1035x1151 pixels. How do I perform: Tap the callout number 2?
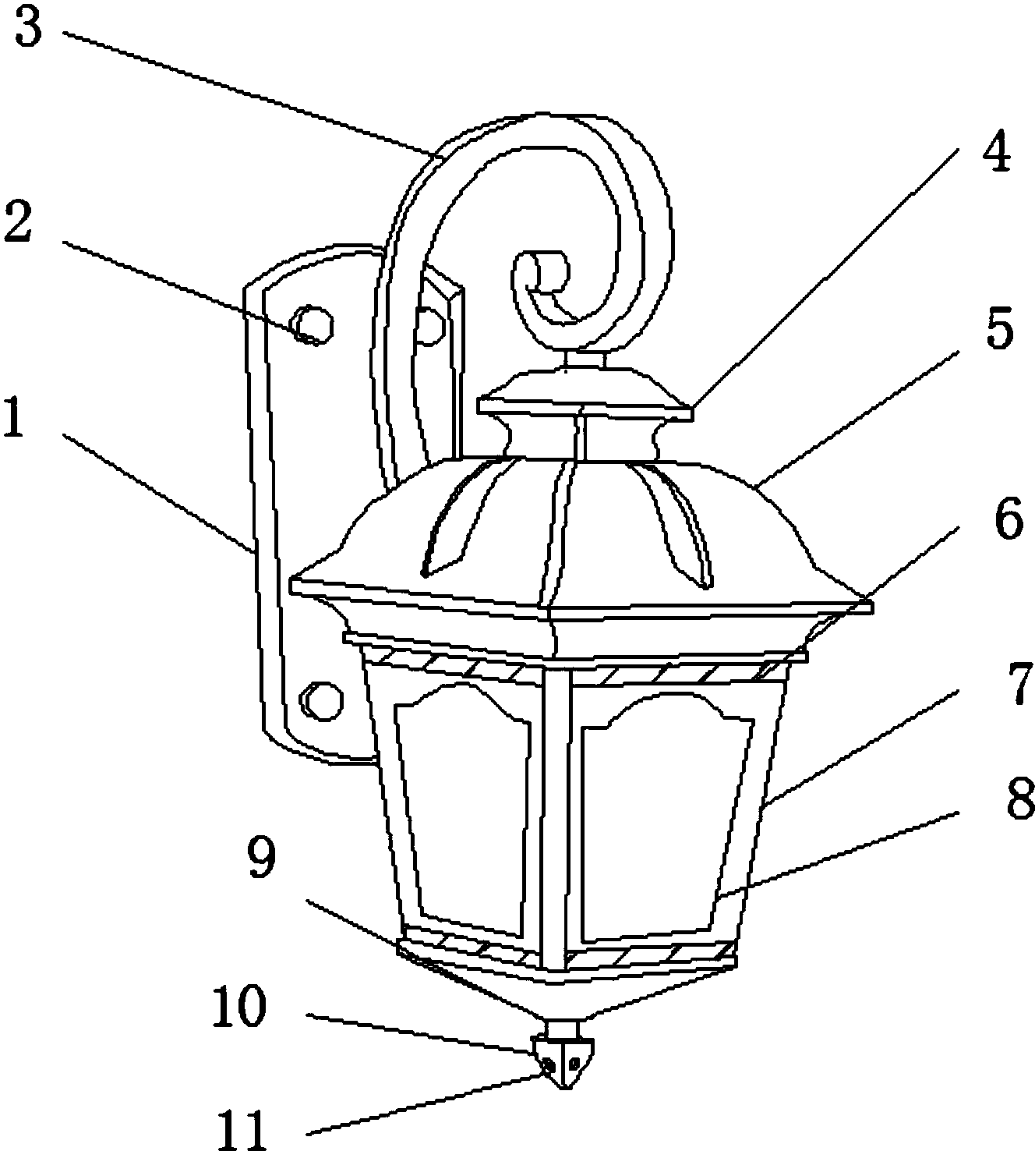coord(18,221)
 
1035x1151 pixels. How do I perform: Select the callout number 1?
coord(14,417)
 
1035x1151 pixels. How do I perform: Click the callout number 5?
coord(1000,328)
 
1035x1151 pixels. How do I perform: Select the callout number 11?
coord(242,1131)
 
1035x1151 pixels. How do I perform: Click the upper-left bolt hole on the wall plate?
coord(313,324)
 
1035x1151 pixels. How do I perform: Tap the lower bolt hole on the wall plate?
coord(323,699)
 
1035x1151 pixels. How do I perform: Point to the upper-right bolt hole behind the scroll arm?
coord(429,326)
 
